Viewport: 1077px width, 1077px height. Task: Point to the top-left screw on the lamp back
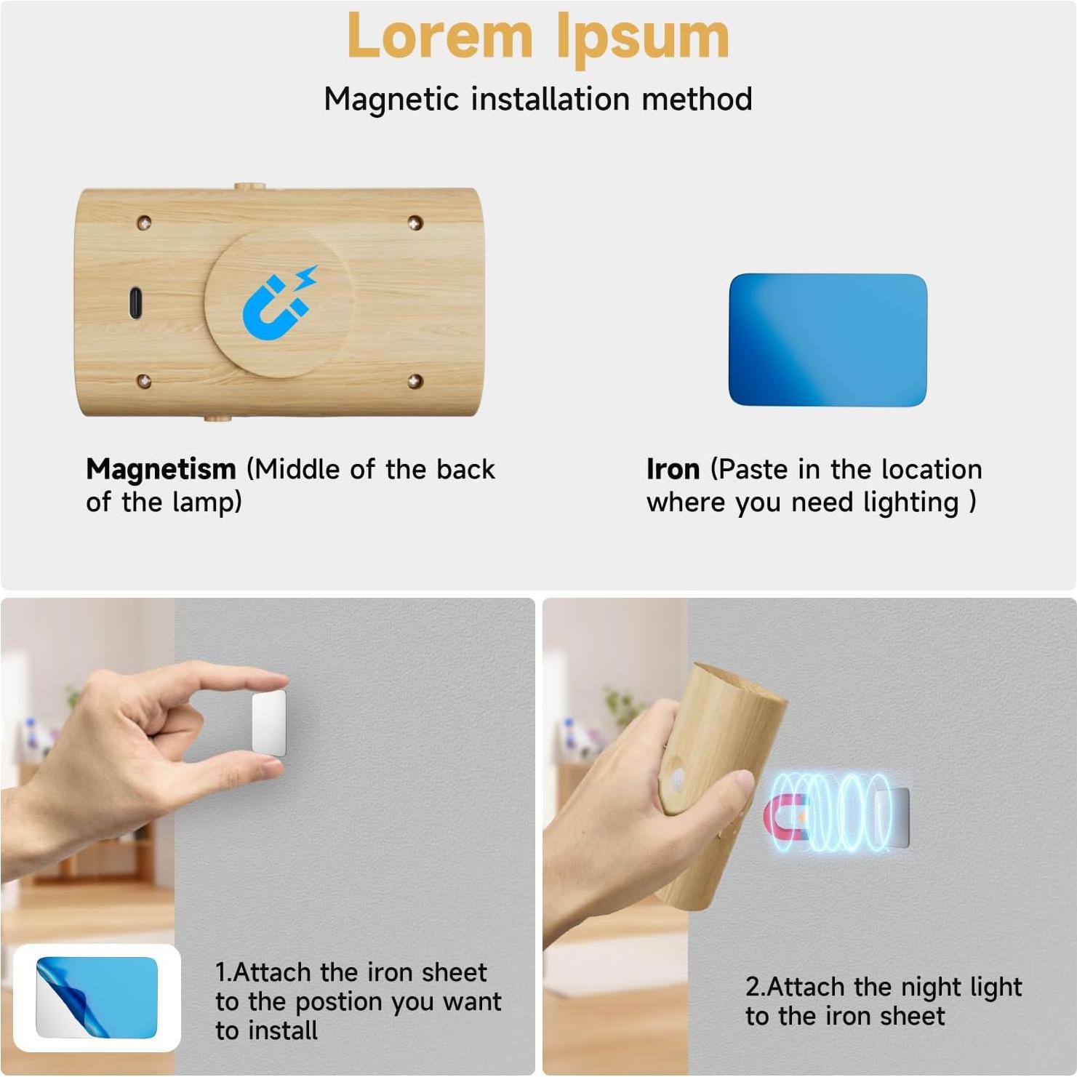(144, 222)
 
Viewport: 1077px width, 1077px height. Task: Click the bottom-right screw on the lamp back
(415, 381)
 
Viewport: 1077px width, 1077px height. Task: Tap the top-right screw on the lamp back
(415, 222)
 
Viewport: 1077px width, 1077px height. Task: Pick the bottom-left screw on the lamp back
(144, 381)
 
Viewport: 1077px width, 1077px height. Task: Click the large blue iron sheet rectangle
(828, 340)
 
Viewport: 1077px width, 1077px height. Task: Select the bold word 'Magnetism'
(161, 469)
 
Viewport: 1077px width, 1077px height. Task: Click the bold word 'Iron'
(673, 469)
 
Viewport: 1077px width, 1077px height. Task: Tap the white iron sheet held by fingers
(268, 723)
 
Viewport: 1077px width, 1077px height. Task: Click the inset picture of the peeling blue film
(97, 998)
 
